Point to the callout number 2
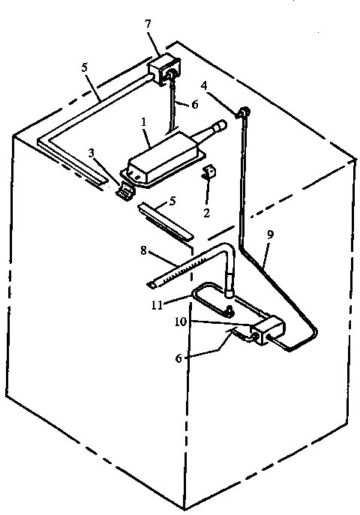(x=206, y=213)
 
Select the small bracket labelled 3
(x=124, y=189)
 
